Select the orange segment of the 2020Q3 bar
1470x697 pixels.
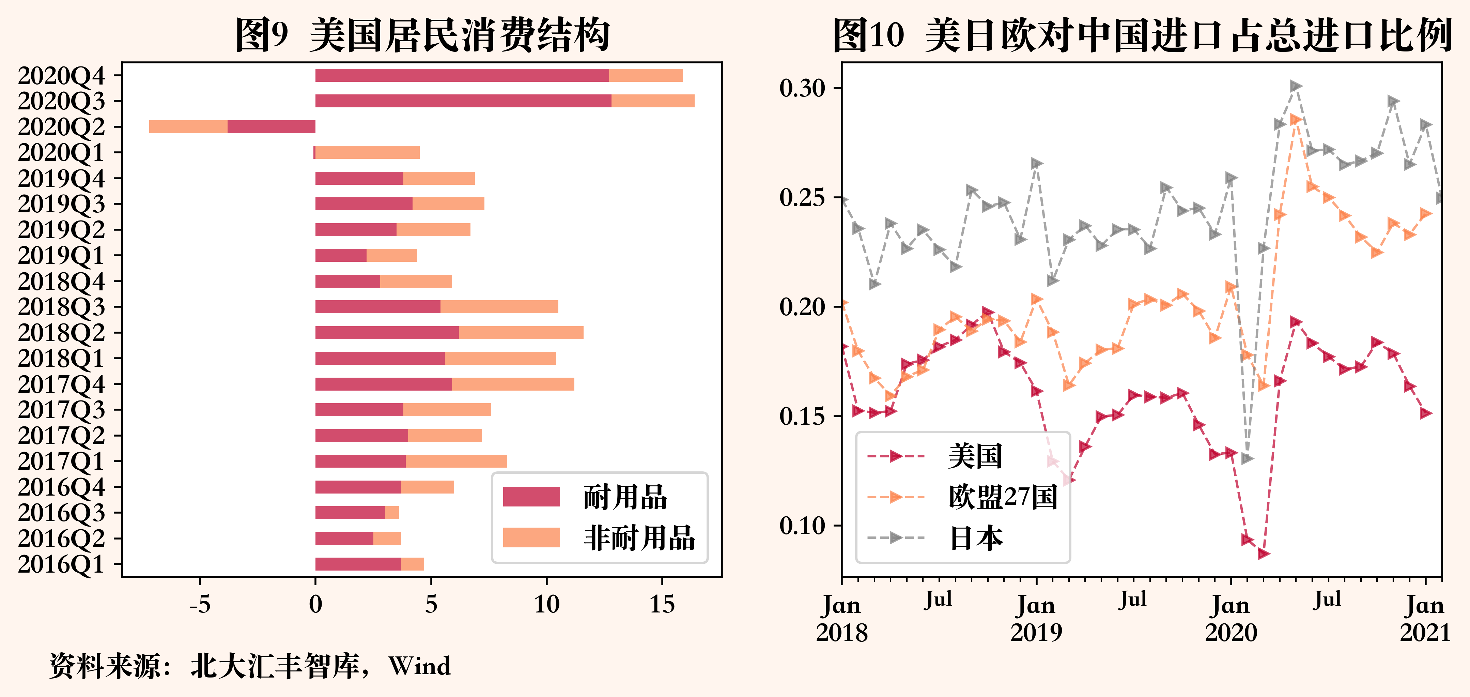pos(653,101)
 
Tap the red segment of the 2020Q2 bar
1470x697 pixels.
pos(271,127)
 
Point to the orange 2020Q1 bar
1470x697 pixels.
pos(368,152)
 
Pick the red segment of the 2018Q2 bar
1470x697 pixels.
pos(387,333)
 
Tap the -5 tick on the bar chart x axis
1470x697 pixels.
pos(200,604)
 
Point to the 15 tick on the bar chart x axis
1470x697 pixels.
pos(662,604)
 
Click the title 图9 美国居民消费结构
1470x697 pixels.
pos(422,34)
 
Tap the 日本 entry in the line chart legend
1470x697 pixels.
pos(976,538)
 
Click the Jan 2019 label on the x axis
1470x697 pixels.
pos(1036,618)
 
